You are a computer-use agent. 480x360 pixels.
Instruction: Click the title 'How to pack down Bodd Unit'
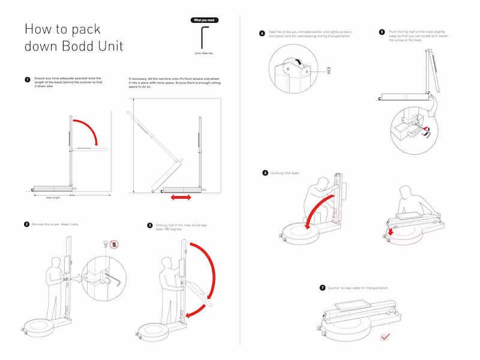coord(73,37)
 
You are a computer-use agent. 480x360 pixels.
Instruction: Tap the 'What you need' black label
coord(204,20)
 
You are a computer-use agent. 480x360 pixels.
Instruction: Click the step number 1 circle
coord(27,79)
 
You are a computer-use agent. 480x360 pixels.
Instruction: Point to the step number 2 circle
coord(27,224)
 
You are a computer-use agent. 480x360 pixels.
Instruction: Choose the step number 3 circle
coord(150,225)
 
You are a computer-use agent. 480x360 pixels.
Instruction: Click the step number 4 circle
coord(262,34)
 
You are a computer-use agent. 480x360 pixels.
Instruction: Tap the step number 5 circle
coord(382,32)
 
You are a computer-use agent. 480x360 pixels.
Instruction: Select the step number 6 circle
coord(265,173)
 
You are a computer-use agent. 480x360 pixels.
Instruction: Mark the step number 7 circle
coord(322,288)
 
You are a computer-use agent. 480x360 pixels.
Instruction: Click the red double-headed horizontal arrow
coord(180,197)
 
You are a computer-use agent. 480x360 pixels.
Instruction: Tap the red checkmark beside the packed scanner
coord(385,337)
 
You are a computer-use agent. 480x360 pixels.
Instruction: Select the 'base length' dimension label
coord(53,197)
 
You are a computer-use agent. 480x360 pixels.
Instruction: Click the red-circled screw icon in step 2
coord(115,244)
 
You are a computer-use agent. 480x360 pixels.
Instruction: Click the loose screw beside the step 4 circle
coord(328,71)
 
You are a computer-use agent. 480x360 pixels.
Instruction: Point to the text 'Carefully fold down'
coord(285,173)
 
